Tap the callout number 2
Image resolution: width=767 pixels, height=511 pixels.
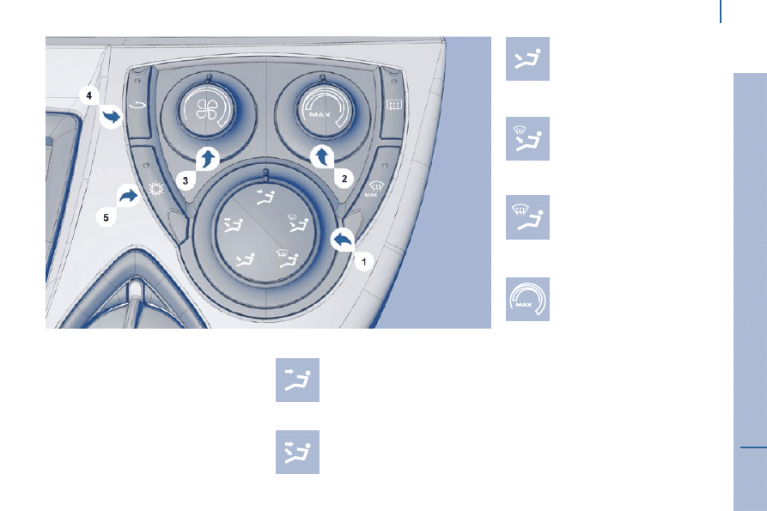click(344, 179)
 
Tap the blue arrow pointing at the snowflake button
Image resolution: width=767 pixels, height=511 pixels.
click(129, 197)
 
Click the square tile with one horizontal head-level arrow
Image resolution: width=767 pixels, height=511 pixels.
click(297, 380)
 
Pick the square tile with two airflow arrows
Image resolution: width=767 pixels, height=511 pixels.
click(297, 452)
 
